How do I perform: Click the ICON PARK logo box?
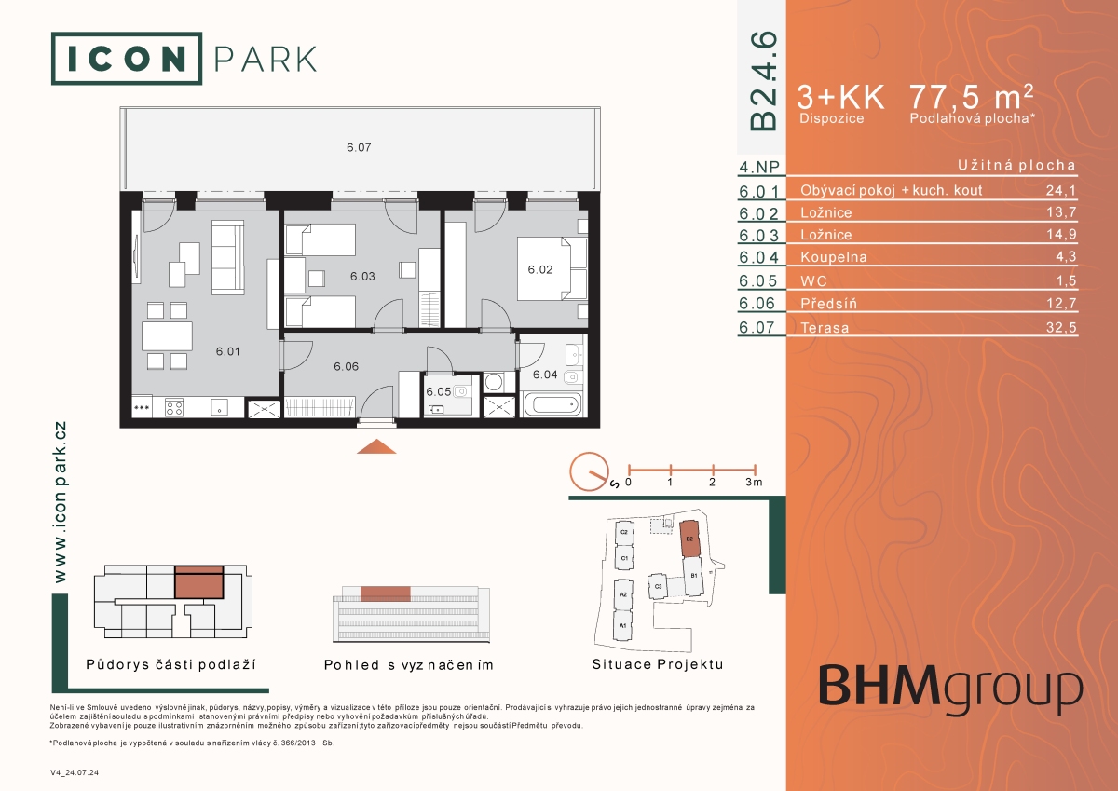[x=127, y=59]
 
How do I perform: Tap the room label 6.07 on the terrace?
[x=359, y=147]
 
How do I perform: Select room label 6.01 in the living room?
[x=227, y=351]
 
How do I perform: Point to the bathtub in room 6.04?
[x=552, y=404]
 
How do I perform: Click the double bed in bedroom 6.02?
[x=552, y=268]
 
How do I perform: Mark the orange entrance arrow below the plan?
[x=376, y=446]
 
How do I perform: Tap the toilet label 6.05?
[x=438, y=391]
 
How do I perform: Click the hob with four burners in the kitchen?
[x=174, y=408]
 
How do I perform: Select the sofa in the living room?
[x=228, y=257]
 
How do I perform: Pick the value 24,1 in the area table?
[x=1061, y=190]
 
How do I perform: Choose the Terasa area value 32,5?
[x=1061, y=327]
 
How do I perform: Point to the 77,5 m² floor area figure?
[x=971, y=96]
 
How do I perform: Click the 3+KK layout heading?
[x=840, y=97]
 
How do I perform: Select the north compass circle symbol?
[x=590, y=471]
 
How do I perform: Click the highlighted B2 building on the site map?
[x=689, y=539]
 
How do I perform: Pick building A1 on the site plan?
[x=622, y=626]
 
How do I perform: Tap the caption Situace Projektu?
[x=658, y=664]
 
